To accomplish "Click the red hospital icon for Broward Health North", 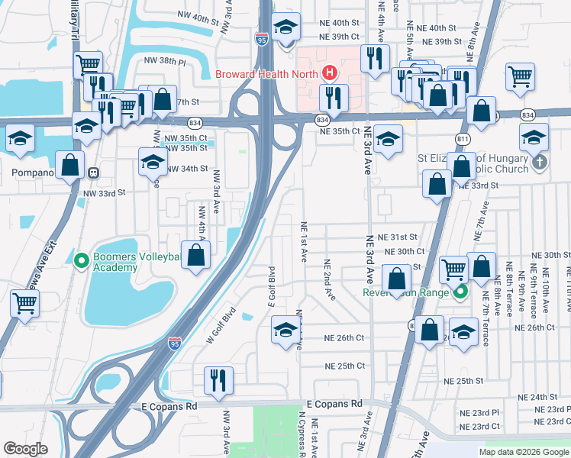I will [x=329, y=73].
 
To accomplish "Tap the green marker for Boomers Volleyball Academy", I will [x=82, y=261].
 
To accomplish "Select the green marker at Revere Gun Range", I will [x=460, y=292].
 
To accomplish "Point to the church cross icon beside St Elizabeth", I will [x=540, y=162].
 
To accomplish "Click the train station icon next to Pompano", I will [x=93, y=173].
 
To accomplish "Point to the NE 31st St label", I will [x=398, y=237].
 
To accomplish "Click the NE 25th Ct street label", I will [x=344, y=366].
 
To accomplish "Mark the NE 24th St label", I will [x=537, y=397].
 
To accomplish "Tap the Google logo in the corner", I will [x=25, y=449].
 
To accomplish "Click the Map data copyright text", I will [x=523, y=452].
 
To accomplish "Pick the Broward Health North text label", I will [x=267, y=74].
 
